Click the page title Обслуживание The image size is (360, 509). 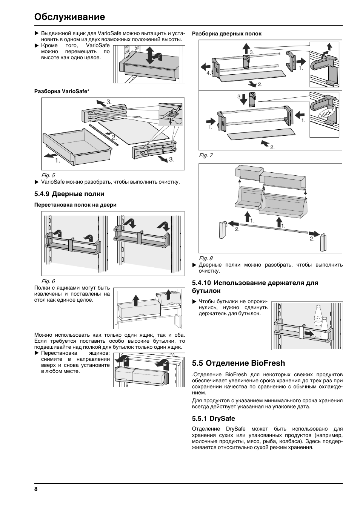tap(69, 17)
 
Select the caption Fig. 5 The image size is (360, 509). tap(48, 175)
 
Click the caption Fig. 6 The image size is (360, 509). tap(48, 281)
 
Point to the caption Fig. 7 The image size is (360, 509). tap(206, 155)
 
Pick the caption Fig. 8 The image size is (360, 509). tap(206, 258)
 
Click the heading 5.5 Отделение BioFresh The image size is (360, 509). tap(238, 363)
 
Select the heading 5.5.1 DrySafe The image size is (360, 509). tap(214, 419)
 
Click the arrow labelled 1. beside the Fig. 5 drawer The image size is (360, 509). tap(50, 155)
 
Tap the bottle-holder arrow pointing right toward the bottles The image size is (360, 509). tap(309, 334)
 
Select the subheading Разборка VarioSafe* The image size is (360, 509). tap(62, 91)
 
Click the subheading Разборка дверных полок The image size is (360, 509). tap(227, 34)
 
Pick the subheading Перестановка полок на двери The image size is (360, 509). tap(75, 205)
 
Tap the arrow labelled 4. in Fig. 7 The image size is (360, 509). tap(206, 67)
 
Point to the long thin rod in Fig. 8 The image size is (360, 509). tap(274, 228)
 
